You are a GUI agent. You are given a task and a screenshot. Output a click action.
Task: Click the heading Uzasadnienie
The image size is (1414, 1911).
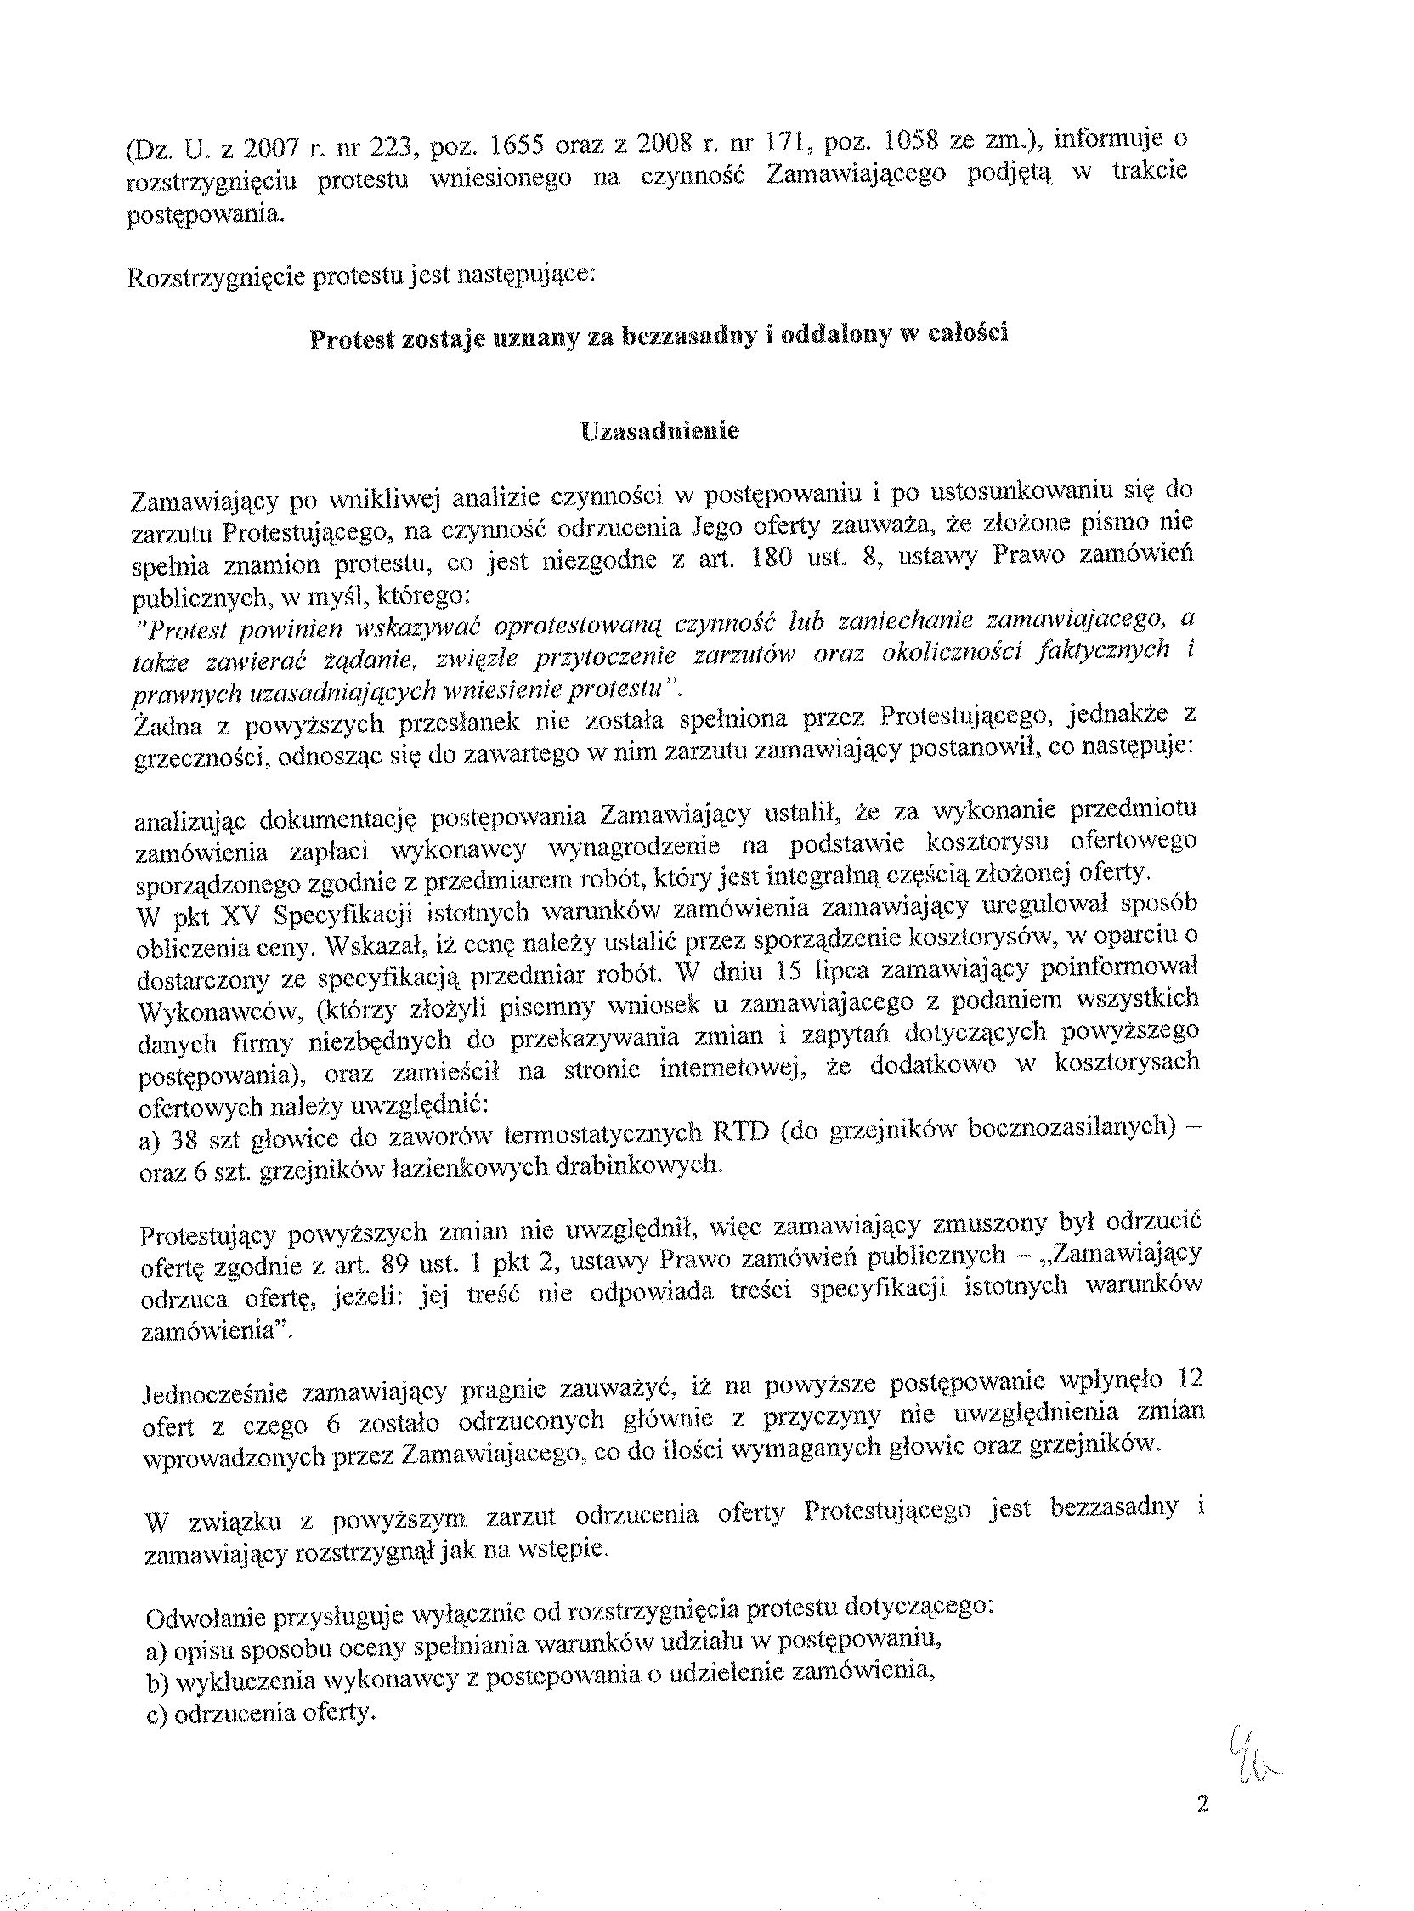click(659, 431)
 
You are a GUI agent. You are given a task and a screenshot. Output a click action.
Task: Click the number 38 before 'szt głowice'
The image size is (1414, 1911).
click(186, 1140)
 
